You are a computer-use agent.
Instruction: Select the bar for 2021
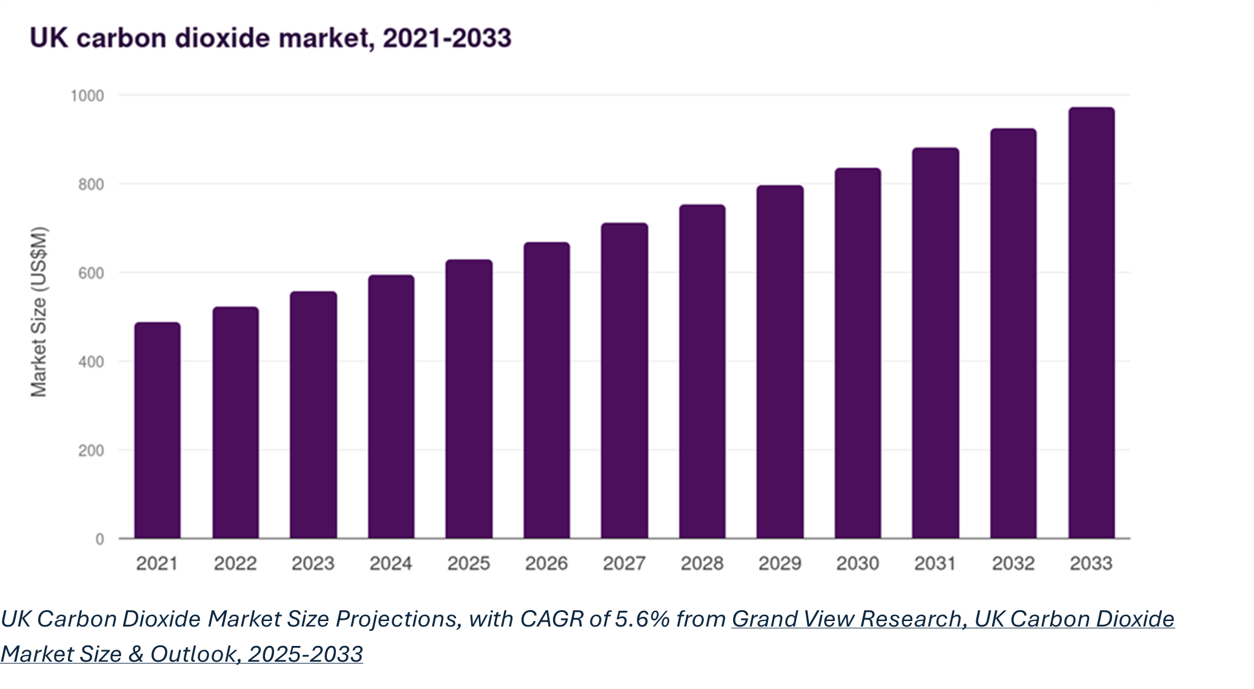[x=157, y=431]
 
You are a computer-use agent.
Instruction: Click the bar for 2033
[x=1091, y=323]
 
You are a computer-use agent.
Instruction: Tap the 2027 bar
[x=625, y=381]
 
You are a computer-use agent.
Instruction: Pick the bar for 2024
[x=391, y=407]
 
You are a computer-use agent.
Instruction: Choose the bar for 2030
[x=857, y=353]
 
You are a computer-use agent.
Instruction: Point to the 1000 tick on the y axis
[x=87, y=96]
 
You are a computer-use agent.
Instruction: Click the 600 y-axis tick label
[x=91, y=273]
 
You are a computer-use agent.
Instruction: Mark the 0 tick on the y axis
[x=99, y=539]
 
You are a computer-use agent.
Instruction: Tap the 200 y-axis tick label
[x=91, y=451]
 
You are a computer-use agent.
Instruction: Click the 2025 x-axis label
[x=469, y=563]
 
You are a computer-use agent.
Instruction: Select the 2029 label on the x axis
[x=780, y=563]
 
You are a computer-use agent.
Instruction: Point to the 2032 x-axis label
[x=1013, y=563]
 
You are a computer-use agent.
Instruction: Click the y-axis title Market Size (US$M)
[x=39, y=312]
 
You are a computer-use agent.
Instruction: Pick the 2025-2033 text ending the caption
[x=306, y=654]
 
